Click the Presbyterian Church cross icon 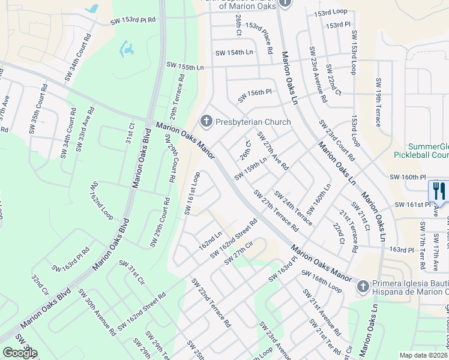(x=206, y=122)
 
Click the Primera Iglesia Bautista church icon (x=363, y=287)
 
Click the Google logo (x=19, y=353)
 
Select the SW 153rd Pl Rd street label (x=133, y=21)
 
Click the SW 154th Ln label (x=232, y=53)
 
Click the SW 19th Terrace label (x=379, y=102)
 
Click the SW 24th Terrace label (x=293, y=208)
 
